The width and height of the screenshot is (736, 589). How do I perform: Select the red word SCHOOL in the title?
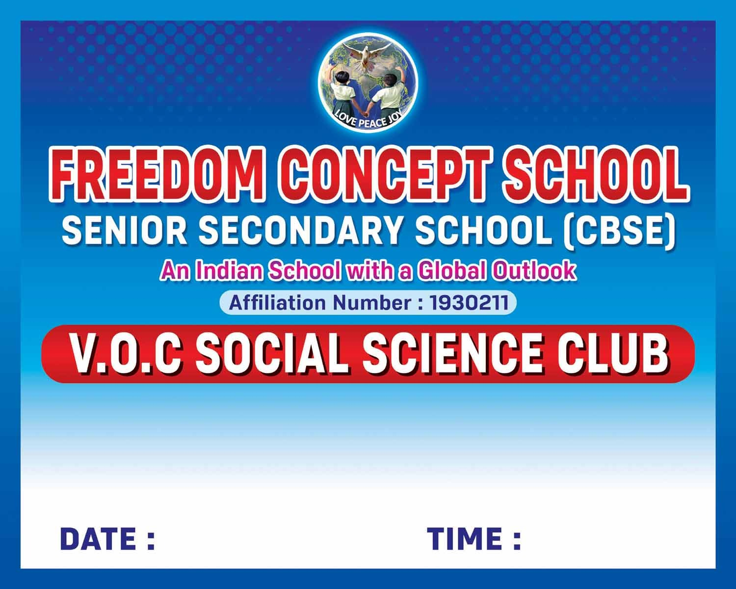click(596, 175)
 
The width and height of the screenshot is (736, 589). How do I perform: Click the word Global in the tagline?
click(452, 271)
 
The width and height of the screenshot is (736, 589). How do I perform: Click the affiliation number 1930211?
click(469, 303)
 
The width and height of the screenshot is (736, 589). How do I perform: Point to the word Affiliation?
click(277, 303)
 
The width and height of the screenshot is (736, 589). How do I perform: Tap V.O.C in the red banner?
click(125, 354)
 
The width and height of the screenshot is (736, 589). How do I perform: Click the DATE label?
click(107, 539)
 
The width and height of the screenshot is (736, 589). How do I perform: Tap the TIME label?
click(473, 539)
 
